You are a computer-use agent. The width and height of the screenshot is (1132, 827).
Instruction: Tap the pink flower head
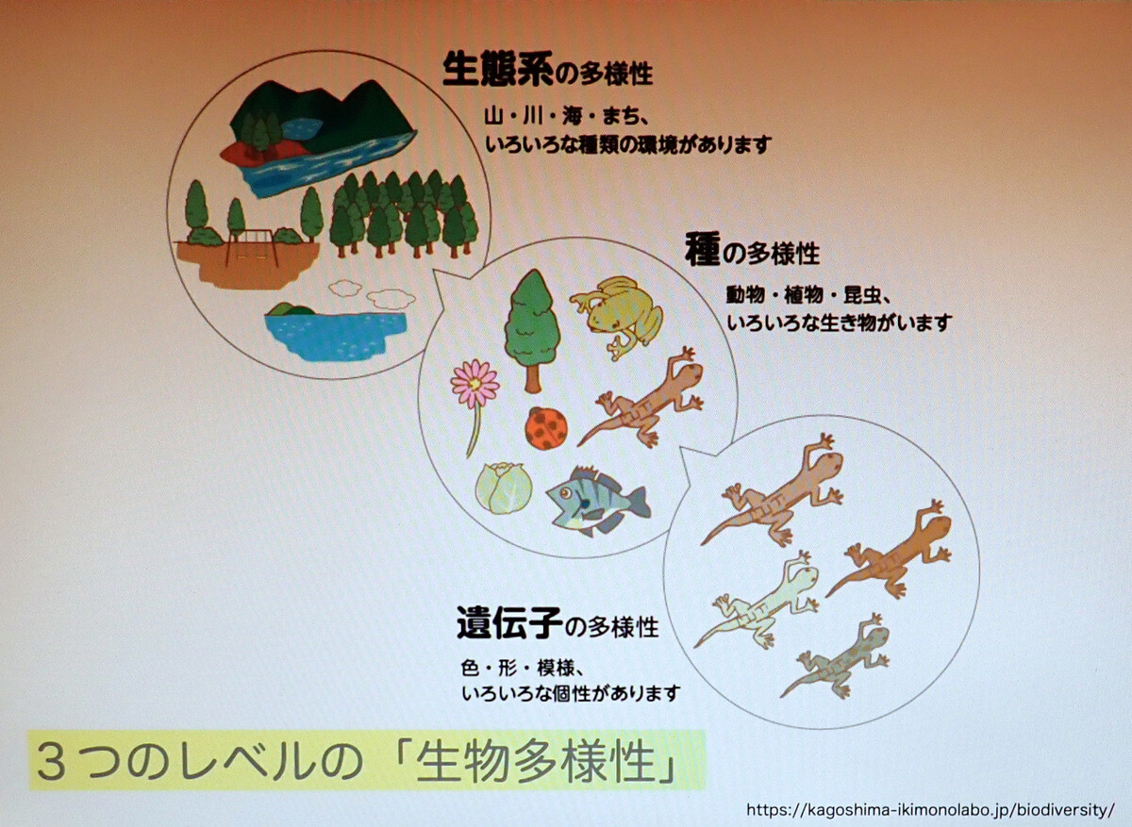click(474, 384)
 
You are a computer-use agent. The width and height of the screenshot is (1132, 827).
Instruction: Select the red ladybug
click(546, 428)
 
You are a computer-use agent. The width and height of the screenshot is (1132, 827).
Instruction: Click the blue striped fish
click(597, 500)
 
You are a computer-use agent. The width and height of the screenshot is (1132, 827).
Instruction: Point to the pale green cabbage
click(504, 488)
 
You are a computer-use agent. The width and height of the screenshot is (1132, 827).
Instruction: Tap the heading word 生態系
click(498, 71)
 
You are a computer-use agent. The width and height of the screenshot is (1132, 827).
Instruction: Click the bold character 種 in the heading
click(702, 251)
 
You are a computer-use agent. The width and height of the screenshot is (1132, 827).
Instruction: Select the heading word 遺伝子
click(510, 623)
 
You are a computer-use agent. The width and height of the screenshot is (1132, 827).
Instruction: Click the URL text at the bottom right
click(930, 810)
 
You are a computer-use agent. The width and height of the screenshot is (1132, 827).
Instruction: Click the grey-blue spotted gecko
click(835, 655)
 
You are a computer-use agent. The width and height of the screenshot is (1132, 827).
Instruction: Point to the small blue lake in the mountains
click(301, 128)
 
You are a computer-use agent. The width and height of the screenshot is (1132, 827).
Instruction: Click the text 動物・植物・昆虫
click(808, 295)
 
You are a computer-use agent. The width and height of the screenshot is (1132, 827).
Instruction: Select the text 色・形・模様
click(522, 670)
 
